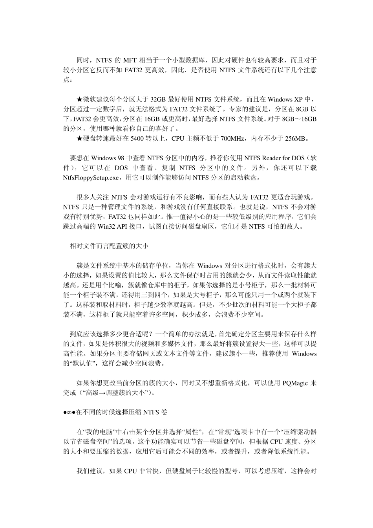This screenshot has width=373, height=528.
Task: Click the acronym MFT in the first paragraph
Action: pos(130,60)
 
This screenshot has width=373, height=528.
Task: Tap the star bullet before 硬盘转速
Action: pos(79,138)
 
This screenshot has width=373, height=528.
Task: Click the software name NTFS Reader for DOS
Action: pos(274,158)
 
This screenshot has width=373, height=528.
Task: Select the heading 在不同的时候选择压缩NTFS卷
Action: pos(122,412)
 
